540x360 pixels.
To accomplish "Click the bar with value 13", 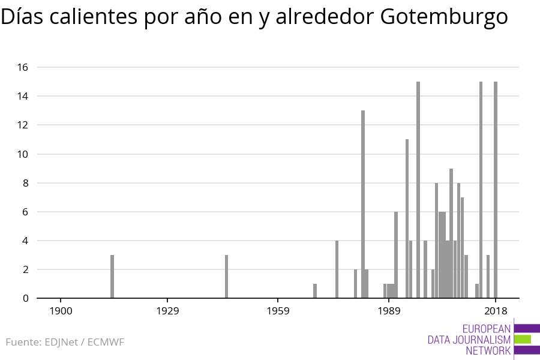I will (363, 204).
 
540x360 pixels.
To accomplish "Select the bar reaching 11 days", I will (407, 218).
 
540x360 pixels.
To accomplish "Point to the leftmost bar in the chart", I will (112, 277).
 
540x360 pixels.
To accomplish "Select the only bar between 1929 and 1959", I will (226, 277).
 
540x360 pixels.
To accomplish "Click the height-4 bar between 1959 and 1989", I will (337, 269).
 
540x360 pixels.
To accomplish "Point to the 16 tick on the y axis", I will (23, 67).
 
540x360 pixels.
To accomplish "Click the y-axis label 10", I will (23, 154).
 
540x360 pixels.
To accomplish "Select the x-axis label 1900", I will (61, 311).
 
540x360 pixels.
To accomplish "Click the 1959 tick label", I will (278, 311).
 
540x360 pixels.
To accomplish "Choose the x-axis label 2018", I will (496, 311).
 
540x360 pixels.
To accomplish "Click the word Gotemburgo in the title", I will (444, 17).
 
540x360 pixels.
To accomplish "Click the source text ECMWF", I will (106, 343).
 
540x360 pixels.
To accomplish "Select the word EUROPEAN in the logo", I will (487, 328).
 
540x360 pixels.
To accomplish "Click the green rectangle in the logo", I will (523, 339).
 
